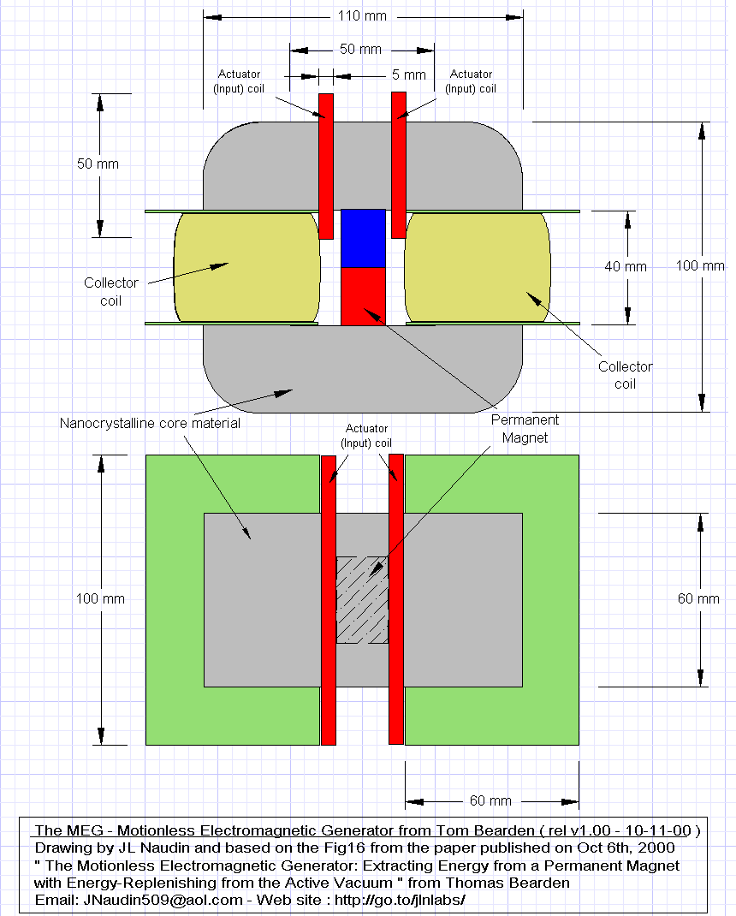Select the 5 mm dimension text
click(x=408, y=75)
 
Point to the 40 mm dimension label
click(x=626, y=266)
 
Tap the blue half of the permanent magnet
click(x=365, y=238)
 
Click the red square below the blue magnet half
click(x=365, y=295)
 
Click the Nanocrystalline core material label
click(x=150, y=423)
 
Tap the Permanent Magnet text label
click(x=524, y=429)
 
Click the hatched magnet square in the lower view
click(x=362, y=599)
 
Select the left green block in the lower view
click(x=175, y=599)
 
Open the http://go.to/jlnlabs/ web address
click(x=399, y=901)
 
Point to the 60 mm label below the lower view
click(x=490, y=800)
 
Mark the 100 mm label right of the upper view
click(x=700, y=265)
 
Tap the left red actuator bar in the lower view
click(x=328, y=599)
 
